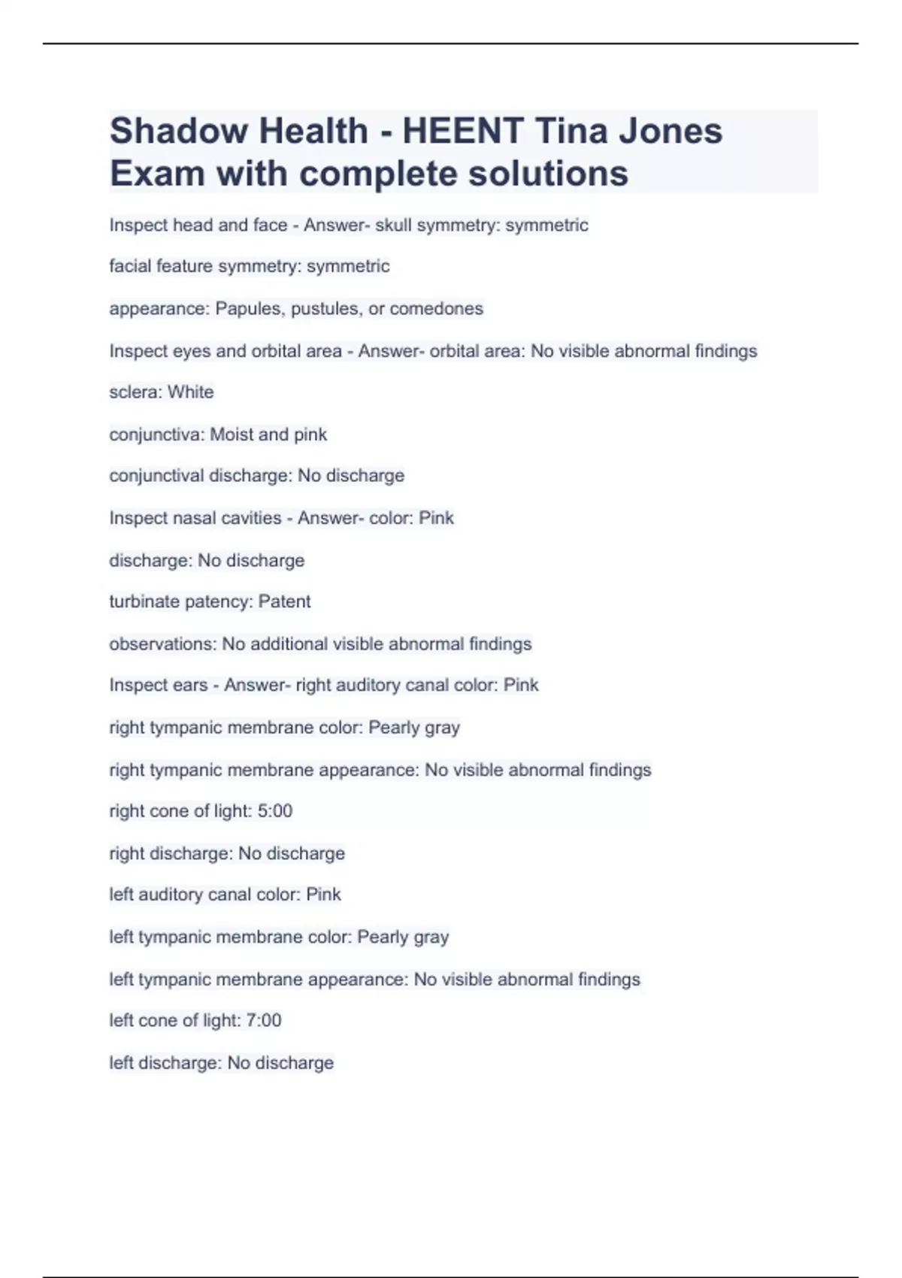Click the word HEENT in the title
[x=462, y=131]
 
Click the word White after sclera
[x=190, y=392]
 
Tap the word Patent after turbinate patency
[x=284, y=601]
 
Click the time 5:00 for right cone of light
[x=274, y=811]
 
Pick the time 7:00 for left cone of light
[x=264, y=1021]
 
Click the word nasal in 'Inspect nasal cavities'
[x=195, y=518]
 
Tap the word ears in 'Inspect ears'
[x=189, y=686]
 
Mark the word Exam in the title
[x=157, y=174]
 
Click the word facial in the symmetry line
[x=130, y=266]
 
